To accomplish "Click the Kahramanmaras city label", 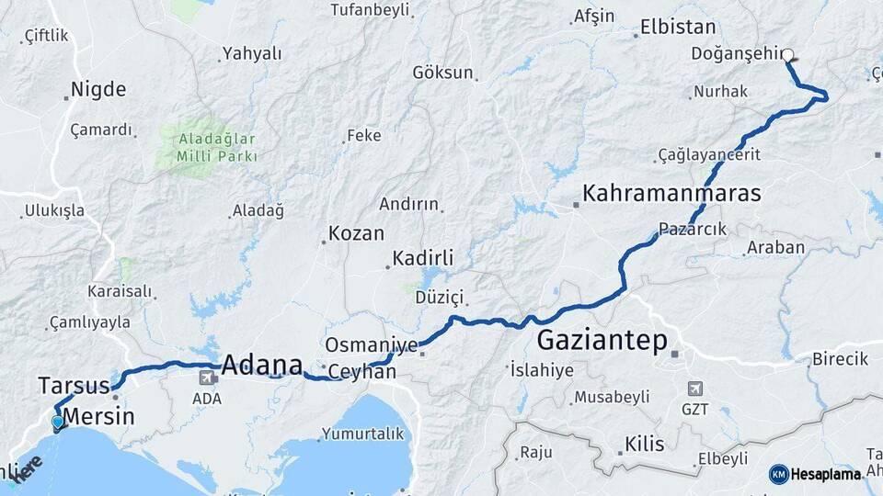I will (x=671, y=194).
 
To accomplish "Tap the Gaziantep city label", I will (x=602, y=340).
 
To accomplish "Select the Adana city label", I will (x=263, y=361).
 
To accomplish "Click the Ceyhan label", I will (x=362, y=372).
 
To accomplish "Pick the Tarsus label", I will (x=74, y=384).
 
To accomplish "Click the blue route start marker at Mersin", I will (x=58, y=423).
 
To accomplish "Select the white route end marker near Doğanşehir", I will (x=788, y=54).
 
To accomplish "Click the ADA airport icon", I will (x=207, y=377).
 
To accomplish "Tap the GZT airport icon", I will (x=694, y=389).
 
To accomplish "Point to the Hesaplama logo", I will (x=817, y=474).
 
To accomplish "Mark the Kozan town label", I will (x=356, y=233).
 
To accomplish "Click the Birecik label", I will (x=840, y=358).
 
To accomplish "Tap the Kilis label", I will (x=644, y=445).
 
